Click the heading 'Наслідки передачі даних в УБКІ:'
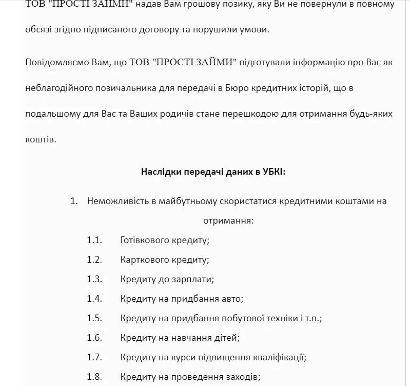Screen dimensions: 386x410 pos(213,172)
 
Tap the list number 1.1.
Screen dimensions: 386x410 pos(95,240)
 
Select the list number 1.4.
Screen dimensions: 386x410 pos(95,299)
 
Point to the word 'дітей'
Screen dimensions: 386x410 pos(228,338)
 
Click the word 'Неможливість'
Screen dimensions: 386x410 pos(118,201)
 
